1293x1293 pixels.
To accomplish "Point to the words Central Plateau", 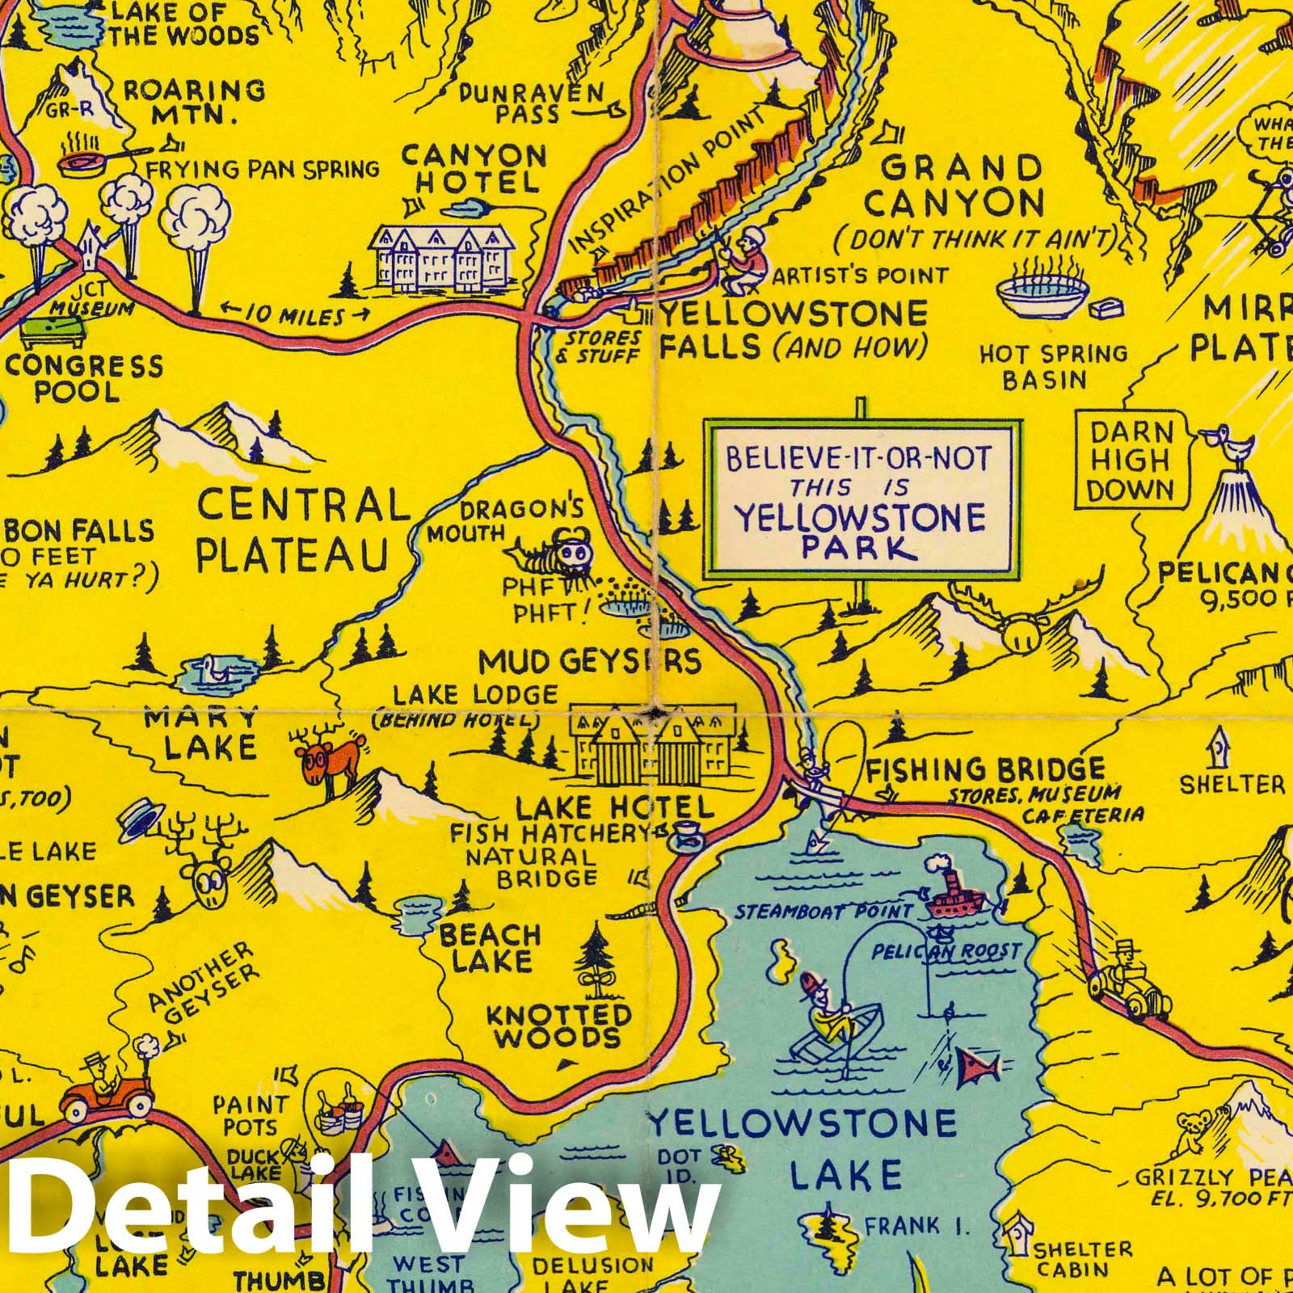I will [295, 531].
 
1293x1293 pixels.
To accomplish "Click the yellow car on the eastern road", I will [1127, 982].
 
